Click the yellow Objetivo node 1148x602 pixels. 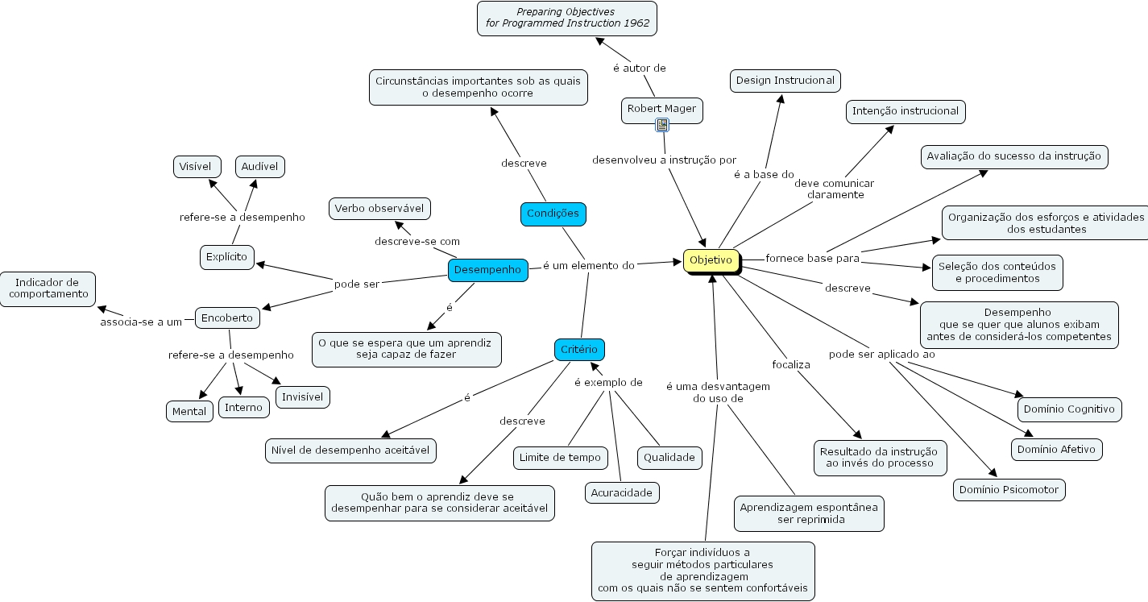click(x=711, y=260)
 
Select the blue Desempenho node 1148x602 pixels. click(x=487, y=270)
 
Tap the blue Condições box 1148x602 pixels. click(x=553, y=214)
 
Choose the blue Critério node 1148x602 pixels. click(x=578, y=350)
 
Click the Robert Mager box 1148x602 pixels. click(x=661, y=109)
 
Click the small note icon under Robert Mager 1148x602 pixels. click(x=662, y=125)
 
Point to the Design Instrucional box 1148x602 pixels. click(x=785, y=81)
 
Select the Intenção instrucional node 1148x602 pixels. click(x=906, y=111)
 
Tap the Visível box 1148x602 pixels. click(x=196, y=167)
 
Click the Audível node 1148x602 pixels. click(x=259, y=167)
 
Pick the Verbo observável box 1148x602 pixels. click(x=379, y=209)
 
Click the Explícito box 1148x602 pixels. click(x=227, y=257)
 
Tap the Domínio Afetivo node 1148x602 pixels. click(x=1056, y=450)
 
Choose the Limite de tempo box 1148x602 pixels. click(x=560, y=458)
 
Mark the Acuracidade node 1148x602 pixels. click(x=622, y=492)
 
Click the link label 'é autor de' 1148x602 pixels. click(x=640, y=69)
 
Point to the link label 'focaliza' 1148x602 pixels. click(x=790, y=364)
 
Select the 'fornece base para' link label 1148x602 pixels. click(x=812, y=259)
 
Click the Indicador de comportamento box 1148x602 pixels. click(x=48, y=289)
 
